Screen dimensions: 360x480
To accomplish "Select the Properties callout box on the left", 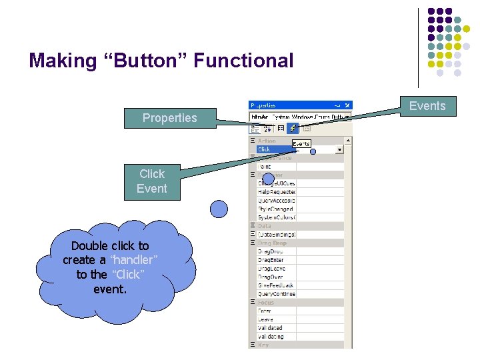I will [169, 118].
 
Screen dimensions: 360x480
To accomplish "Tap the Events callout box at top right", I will [427, 105].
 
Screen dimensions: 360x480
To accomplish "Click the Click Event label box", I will [151, 181].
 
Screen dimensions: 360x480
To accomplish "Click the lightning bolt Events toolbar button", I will [293, 128].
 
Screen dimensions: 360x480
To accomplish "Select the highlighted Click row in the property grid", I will [273, 149].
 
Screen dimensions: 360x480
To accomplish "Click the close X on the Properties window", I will [347, 105].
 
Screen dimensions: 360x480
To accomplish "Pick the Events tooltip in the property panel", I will [301, 143].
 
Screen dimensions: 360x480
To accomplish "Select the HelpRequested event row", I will [276, 192].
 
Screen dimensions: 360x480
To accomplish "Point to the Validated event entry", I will [271, 328].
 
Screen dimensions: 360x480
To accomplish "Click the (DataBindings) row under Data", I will [276, 235].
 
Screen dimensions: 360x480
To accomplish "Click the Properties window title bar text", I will [263, 105].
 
